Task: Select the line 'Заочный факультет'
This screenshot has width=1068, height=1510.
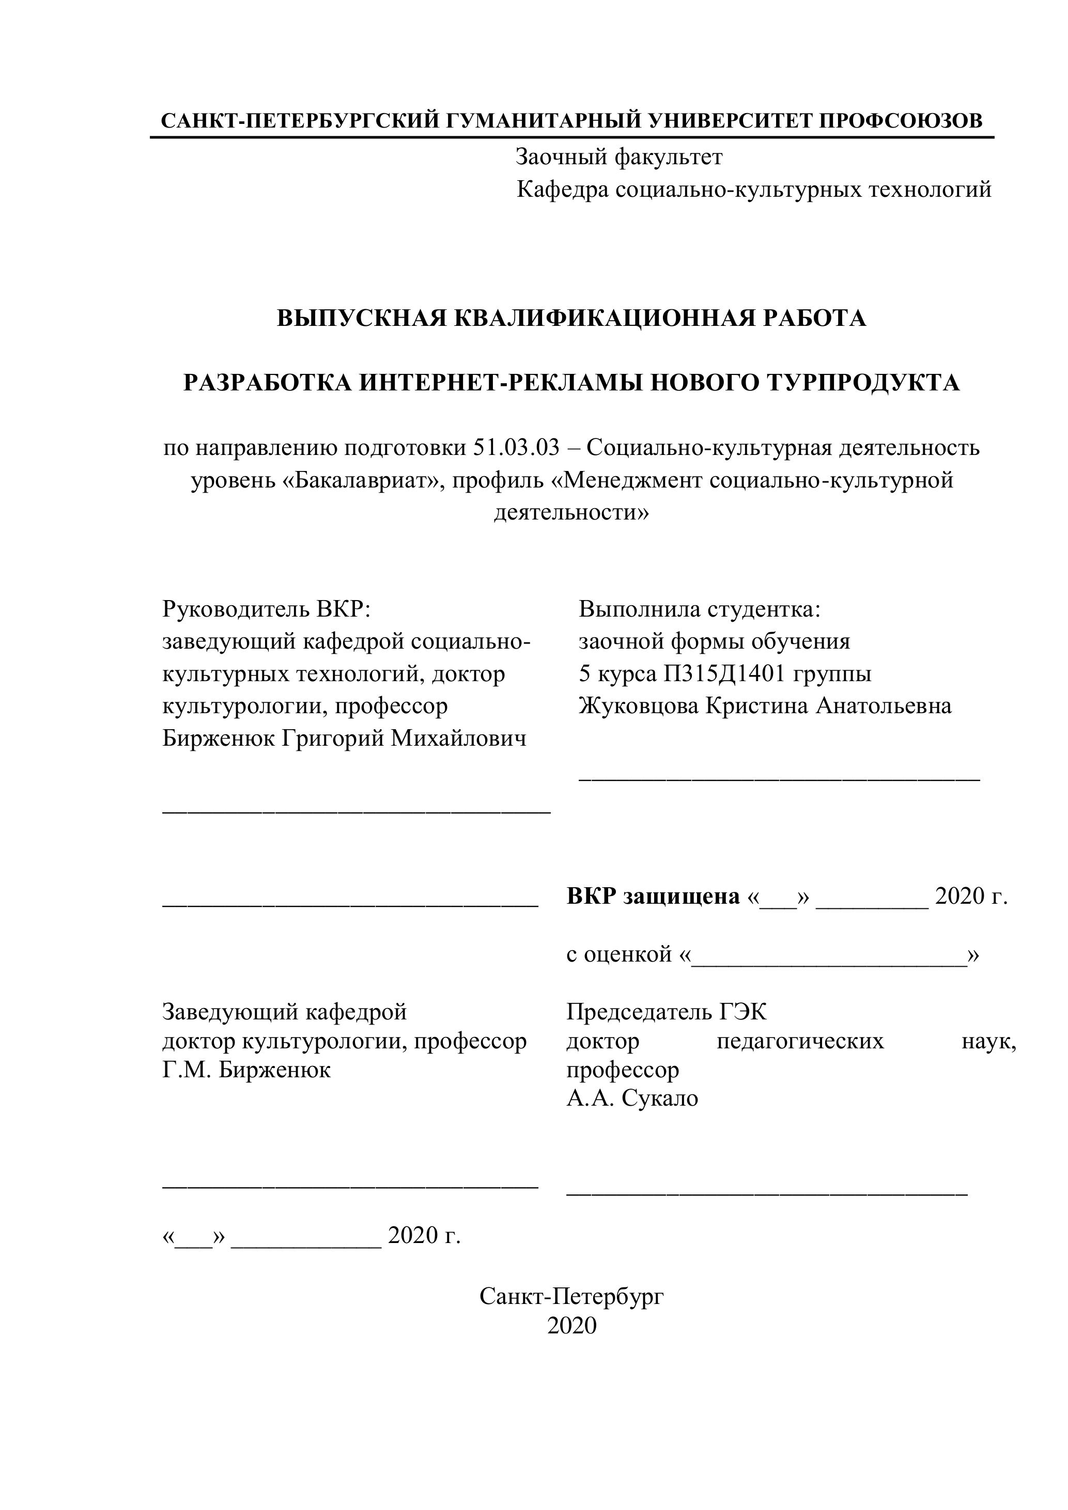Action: (618, 156)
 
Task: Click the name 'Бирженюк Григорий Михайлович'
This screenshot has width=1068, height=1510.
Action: (344, 738)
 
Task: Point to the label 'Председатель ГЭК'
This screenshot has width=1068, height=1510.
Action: (666, 1012)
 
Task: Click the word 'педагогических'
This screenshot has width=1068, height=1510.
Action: (799, 1041)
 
